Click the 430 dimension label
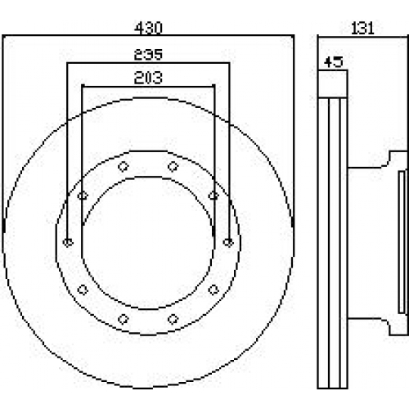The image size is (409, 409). coord(149,28)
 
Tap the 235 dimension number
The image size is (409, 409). coord(148,55)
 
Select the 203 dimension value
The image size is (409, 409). coord(148,78)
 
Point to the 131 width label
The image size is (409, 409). coord(362,28)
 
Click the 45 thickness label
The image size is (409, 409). coord(334,62)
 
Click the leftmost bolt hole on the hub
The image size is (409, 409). coord(68,242)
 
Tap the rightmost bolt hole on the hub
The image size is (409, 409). coord(228,242)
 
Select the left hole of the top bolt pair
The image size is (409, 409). coord(124,166)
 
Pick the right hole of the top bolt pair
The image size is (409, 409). coord(173,166)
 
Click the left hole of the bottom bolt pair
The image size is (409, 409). coord(124,319)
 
